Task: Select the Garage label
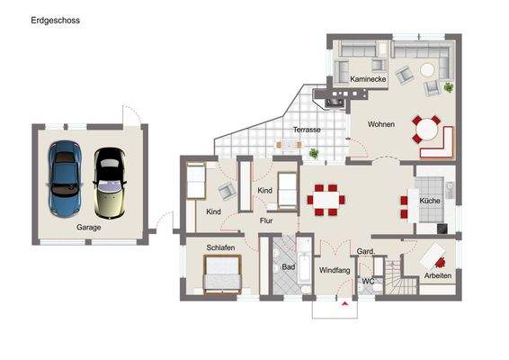(x=88, y=228)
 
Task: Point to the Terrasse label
(x=308, y=130)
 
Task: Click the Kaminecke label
(x=368, y=80)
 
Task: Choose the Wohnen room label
(x=382, y=124)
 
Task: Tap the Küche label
(x=430, y=201)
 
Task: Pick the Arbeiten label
(x=440, y=275)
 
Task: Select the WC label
(x=367, y=281)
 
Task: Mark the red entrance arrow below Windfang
(x=344, y=303)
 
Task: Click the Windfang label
(x=335, y=269)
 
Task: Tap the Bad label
(x=288, y=267)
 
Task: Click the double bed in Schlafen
(x=221, y=273)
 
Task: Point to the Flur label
(x=266, y=220)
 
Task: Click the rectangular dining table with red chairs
(x=324, y=199)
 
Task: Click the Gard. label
(x=365, y=251)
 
